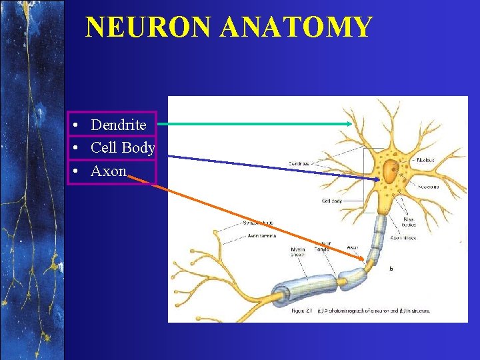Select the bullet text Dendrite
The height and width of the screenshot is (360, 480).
pyautogui.click(x=119, y=125)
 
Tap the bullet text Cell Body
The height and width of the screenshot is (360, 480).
pyautogui.click(x=123, y=147)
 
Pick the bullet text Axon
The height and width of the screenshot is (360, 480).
pyautogui.click(x=109, y=171)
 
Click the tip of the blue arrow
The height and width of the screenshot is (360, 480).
pyautogui.click(x=378, y=179)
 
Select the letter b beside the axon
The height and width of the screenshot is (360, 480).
pyautogui.click(x=391, y=268)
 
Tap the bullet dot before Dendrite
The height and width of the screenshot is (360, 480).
pyautogui.click(x=78, y=125)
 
